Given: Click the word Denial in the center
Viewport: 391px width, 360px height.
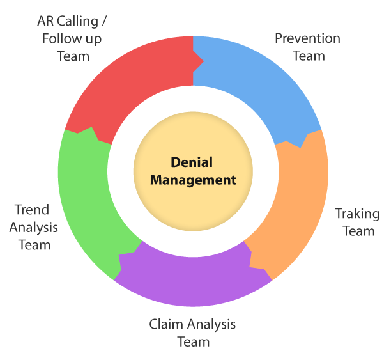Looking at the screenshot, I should pos(192,162).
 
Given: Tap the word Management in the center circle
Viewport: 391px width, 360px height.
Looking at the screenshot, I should pos(193,180).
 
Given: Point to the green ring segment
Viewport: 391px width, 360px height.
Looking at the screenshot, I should pos(86,192).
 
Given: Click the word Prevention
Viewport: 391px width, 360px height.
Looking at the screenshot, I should pos(307,38).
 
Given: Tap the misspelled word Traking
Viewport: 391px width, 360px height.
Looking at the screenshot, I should pos(357,214).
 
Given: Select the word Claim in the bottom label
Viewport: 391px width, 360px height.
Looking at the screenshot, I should pos(164,324).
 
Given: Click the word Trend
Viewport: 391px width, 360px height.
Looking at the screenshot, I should pos(32,210).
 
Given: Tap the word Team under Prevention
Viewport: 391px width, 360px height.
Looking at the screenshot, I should pos(309,56).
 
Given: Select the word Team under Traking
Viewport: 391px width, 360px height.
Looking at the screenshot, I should pos(358,231).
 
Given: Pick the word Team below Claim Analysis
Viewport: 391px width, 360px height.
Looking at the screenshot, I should pos(193,341).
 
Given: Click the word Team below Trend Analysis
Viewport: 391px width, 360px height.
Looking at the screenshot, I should pos(34,244).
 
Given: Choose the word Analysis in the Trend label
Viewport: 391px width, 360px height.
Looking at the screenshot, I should pos(33,227).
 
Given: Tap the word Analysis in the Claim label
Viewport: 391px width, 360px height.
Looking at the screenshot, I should pos(209,324).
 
